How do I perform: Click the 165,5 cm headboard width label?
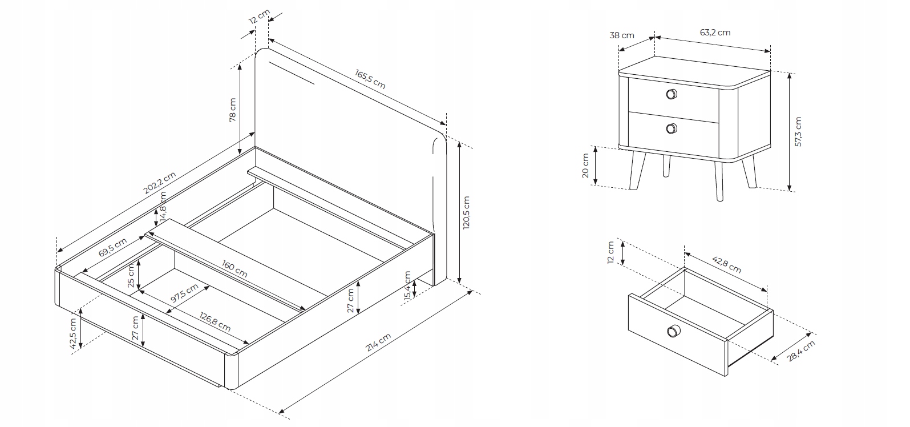(370, 79)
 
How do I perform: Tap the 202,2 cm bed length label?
(160, 183)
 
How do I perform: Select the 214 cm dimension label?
(378, 342)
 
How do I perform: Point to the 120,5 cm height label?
(466, 213)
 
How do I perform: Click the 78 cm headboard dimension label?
(232, 110)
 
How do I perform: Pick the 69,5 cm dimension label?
(113, 247)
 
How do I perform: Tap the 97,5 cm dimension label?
(184, 293)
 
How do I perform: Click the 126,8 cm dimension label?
(215, 321)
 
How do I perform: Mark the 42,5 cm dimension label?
(72, 333)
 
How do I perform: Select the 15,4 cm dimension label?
(408, 287)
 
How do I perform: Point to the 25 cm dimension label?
(131, 275)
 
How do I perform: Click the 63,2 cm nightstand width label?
(715, 33)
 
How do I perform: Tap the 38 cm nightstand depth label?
(622, 35)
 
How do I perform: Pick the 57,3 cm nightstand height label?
(798, 132)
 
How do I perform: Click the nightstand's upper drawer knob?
(672, 94)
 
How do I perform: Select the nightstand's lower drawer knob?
(672, 129)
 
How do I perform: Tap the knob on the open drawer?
(673, 331)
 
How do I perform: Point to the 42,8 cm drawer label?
(727, 264)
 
